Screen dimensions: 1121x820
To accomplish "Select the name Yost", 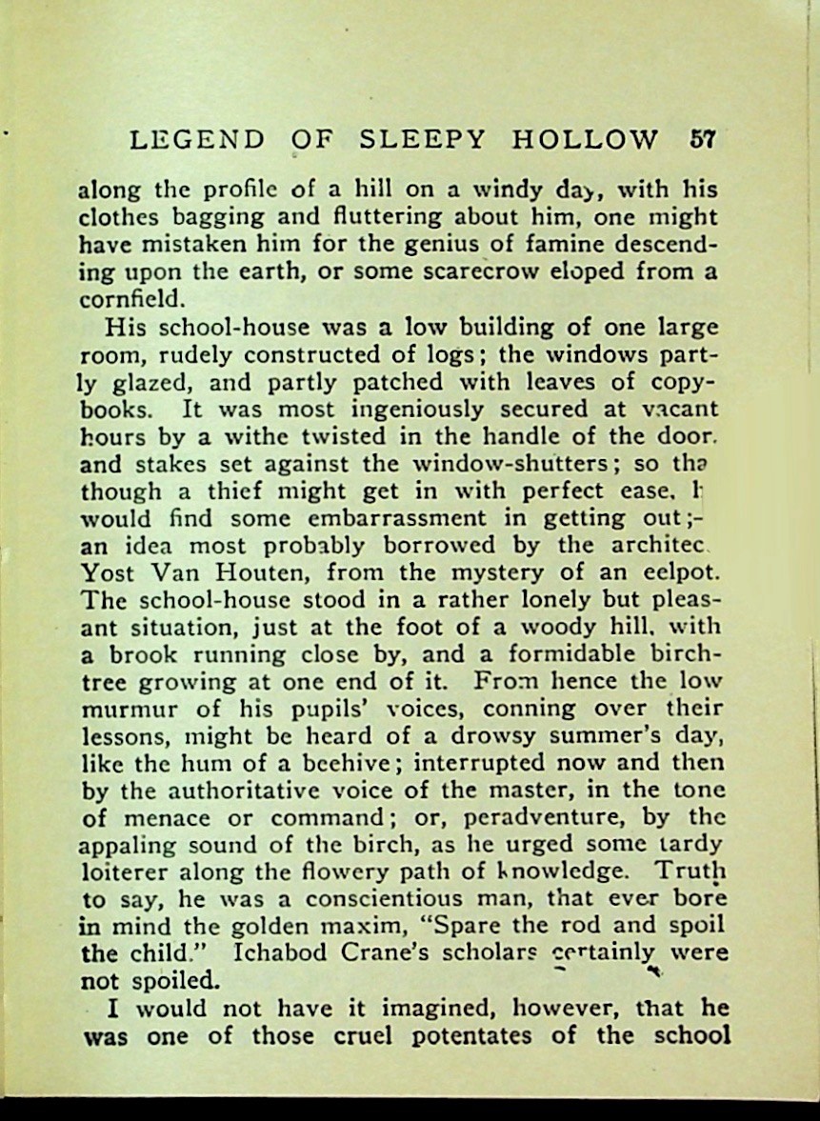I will (x=108, y=574).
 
